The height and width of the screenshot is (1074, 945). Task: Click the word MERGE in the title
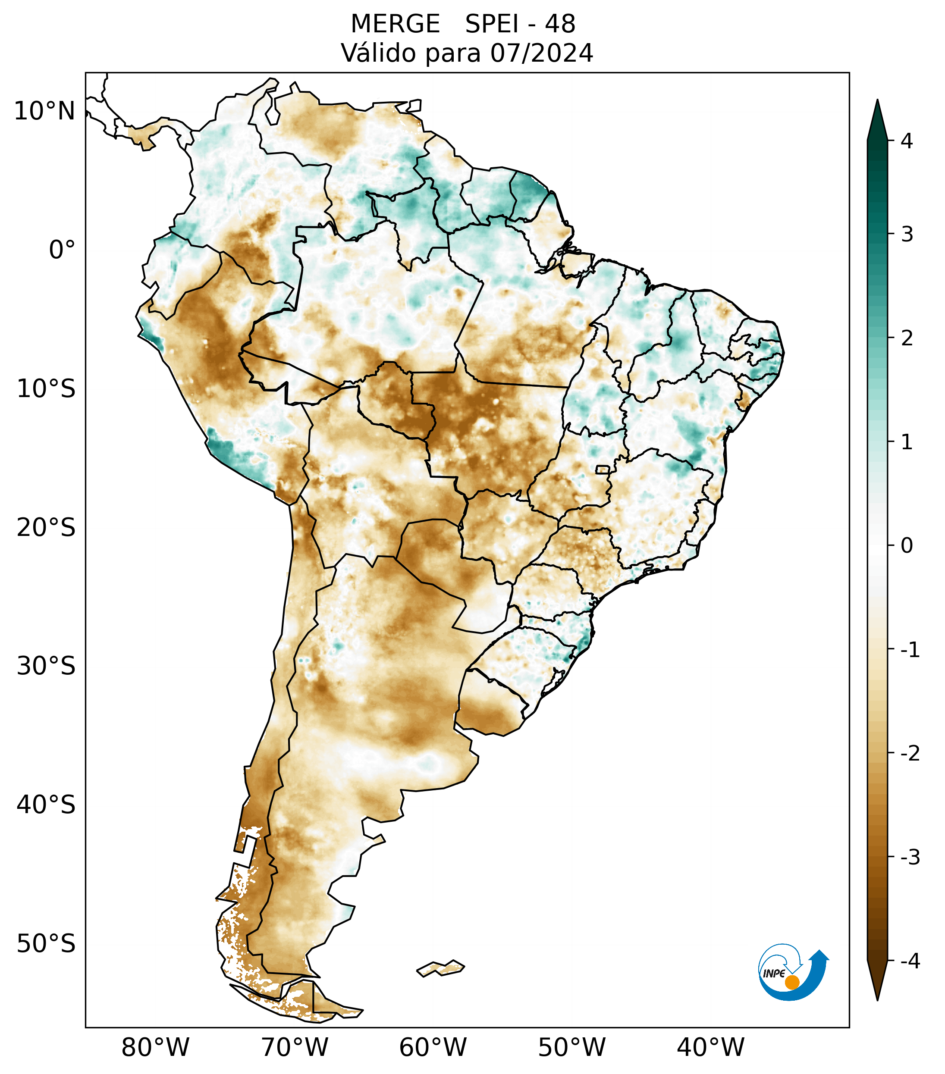[x=395, y=24]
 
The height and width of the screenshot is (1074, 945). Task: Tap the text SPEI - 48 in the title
[x=520, y=24]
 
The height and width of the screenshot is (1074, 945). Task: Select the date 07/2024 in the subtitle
[x=541, y=53]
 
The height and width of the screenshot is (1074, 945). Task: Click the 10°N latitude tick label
[x=45, y=111]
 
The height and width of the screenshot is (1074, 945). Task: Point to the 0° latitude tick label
[x=62, y=250]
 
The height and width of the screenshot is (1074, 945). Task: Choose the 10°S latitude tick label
[x=46, y=389]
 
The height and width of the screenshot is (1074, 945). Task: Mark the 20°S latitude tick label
[x=46, y=528]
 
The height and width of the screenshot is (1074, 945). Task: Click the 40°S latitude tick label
[x=46, y=805]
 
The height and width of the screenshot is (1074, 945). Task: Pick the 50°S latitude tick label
[x=46, y=944]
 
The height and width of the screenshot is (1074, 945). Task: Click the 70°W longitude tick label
[x=295, y=1047]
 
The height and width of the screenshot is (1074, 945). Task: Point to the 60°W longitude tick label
[x=433, y=1047]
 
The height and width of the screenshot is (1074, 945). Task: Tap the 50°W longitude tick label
[x=572, y=1047]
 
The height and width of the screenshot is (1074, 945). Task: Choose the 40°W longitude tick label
[x=711, y=1047]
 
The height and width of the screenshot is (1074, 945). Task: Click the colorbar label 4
[x=907, y=141]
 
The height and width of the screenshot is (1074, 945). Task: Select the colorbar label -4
[x=910, y=961]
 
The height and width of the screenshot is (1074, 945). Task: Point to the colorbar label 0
[x=907, y=546]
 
